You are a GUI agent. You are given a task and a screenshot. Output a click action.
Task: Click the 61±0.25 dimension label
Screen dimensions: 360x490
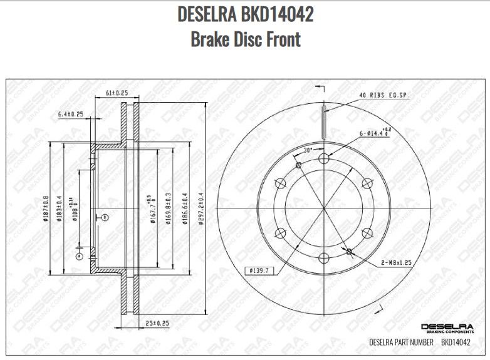point(117,93)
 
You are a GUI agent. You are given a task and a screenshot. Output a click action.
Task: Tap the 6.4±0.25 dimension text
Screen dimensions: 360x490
point(71,115)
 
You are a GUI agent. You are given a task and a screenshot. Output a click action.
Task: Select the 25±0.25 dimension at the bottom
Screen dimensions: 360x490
point(157,323)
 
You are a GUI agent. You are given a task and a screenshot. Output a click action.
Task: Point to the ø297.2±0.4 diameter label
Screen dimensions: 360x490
point(201,212)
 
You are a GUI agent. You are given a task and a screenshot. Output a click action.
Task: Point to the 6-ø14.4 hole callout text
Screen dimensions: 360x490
point(375,133)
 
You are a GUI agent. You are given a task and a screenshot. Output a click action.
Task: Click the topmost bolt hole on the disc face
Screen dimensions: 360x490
point(323,158)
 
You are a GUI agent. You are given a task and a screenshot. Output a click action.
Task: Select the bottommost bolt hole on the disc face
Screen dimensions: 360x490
point(323,257)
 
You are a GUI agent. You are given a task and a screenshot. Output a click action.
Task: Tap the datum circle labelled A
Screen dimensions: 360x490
point(79,256)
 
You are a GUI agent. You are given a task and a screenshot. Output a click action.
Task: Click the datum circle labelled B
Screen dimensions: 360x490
point(105,217)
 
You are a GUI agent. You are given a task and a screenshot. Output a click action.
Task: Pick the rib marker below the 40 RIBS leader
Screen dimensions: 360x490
point(323,123)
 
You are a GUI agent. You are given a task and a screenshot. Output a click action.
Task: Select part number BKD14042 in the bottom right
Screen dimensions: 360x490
point(456,342)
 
